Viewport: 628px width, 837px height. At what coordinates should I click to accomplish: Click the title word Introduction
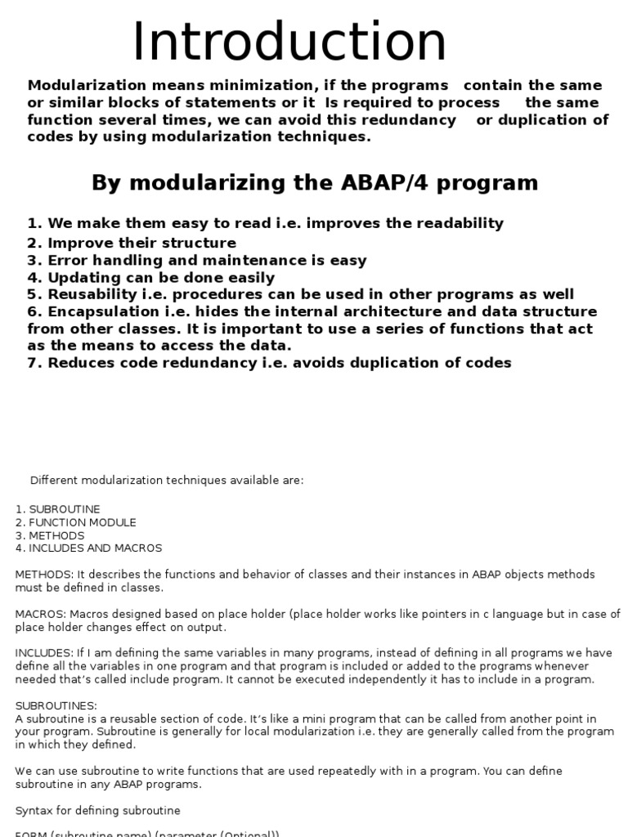[289, 42]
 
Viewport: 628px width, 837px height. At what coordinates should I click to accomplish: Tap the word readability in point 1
[455, 223]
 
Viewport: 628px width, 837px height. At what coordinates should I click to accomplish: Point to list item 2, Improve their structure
[132, 243]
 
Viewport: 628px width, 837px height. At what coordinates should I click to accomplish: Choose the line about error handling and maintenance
[196, 261]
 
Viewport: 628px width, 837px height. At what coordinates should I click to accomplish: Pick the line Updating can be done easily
[151, 278]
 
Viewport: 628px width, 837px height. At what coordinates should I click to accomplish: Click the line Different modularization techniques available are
[167, 480]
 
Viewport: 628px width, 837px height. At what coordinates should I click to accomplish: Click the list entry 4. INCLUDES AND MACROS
[88, 548]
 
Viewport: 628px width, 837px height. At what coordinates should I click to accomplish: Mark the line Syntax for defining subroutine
[97, 810]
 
